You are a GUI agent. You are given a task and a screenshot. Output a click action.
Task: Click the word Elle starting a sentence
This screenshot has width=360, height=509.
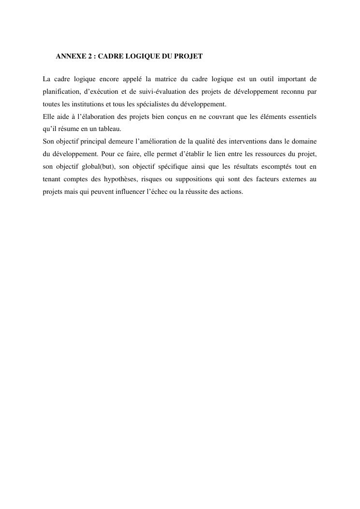click(48, 116)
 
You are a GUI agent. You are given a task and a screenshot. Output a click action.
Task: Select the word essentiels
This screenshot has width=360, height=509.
click(301, 116)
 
